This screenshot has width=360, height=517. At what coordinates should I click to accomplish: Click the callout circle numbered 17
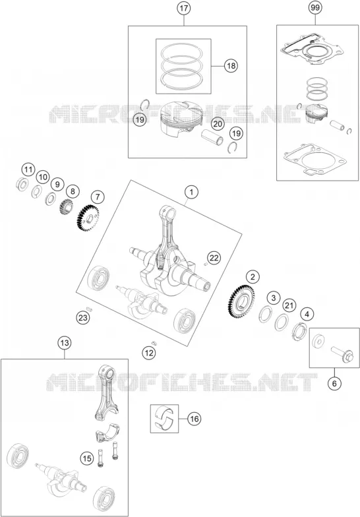point(183,8)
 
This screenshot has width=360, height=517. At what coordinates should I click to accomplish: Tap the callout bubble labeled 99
point(315,8)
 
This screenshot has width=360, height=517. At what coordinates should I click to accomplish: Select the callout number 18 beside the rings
point(231,66)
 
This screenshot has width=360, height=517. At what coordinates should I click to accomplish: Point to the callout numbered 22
point(214,257)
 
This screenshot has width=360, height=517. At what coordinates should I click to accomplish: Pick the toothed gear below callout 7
point(89,217)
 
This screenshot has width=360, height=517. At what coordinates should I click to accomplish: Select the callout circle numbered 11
point(28,170)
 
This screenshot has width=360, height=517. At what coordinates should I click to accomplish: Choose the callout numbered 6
point(334,383)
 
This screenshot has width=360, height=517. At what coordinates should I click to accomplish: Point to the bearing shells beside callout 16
point(165,418)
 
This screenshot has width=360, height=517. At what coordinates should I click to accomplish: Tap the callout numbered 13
point(65,343)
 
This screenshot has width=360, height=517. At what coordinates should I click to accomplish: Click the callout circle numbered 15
point(87,458)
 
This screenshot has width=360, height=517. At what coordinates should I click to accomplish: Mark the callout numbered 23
point(83,318)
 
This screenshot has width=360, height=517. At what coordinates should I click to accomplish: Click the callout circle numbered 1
point(191,192)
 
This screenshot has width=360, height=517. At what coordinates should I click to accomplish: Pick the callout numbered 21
point(289,305)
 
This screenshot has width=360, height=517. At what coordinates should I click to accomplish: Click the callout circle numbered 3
point(273,298)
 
